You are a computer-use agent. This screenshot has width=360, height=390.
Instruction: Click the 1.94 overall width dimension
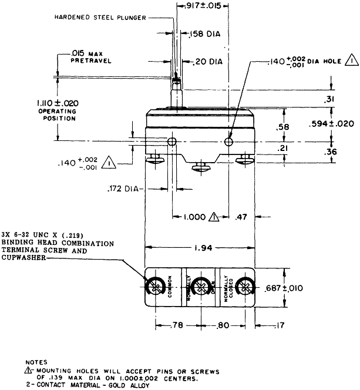[x=200, y=248]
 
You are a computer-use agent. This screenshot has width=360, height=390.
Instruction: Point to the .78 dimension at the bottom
[x=177, y=324]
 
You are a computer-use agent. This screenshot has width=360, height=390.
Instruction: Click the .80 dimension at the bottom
[x=222, y=324]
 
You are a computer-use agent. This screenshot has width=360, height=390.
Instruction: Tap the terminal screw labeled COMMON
[x=156, y=288]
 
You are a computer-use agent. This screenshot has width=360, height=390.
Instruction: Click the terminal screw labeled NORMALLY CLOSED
[x=245, y=288]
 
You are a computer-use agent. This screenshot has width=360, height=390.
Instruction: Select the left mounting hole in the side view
[x=172, y=142]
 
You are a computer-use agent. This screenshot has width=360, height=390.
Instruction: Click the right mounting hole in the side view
[x=229, y=142]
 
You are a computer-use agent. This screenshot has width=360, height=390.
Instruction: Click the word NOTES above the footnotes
[x=36, y=362]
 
